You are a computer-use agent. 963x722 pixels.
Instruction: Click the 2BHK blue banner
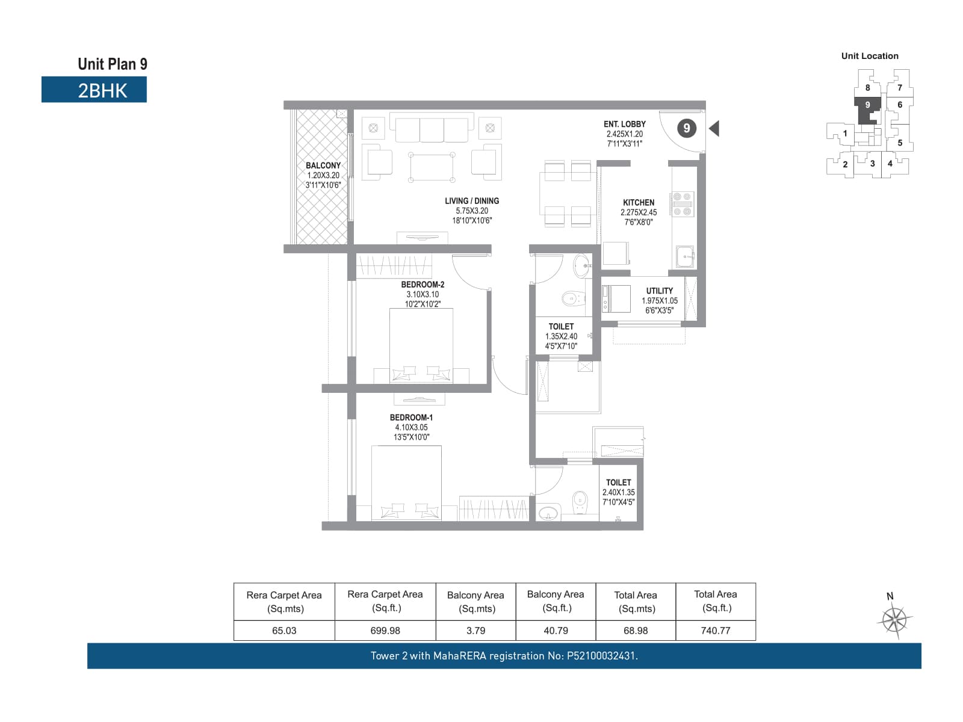(94, 90)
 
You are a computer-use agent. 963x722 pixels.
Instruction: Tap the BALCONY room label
(323, 165)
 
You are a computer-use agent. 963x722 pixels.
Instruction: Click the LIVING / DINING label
(472, 201)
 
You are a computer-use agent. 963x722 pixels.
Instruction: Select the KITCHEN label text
(639, 203)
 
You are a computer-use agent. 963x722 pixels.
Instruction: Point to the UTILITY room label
(659, 291)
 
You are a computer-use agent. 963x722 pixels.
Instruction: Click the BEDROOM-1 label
(411, 418)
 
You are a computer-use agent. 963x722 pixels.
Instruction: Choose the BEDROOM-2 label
(423, 285)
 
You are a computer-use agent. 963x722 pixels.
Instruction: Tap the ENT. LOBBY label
(624, 124)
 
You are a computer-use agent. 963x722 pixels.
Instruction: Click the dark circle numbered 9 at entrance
(687, 128)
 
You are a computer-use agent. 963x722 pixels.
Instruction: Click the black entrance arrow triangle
(715, 128)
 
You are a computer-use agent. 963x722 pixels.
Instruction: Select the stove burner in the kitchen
(682, 204)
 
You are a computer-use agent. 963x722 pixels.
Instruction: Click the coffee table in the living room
(432, 167)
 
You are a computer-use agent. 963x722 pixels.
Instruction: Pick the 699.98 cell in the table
(385, 631)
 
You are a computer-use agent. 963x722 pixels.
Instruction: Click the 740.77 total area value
(715, 631)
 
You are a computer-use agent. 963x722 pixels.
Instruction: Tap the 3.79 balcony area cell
(475, 631)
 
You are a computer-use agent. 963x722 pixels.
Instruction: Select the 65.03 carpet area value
(284, 631)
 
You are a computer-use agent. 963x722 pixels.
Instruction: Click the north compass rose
(894, 620)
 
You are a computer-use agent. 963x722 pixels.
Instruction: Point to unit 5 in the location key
(899, 143)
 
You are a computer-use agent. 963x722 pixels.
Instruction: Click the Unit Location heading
(870, 56)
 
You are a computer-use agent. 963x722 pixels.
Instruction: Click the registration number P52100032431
(602, 656)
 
